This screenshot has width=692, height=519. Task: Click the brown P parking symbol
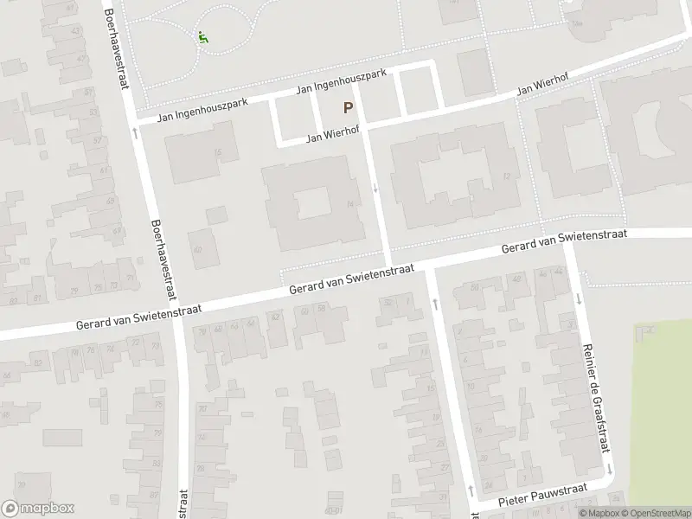(348, 108)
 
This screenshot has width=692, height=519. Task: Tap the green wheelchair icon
(202, 38)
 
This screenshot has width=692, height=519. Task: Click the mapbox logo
(38, 509)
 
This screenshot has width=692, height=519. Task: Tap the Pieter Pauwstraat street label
(542, 496)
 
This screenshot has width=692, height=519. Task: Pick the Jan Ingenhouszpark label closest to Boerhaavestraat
(202, 110)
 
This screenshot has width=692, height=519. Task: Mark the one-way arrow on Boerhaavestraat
(135, 132)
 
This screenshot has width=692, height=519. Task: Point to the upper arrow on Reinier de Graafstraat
(578, 299)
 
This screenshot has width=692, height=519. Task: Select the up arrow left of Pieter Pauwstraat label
(470, 490)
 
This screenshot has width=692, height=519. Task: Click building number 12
(505, 176)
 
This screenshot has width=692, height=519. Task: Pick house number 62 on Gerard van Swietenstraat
(278, 317)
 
